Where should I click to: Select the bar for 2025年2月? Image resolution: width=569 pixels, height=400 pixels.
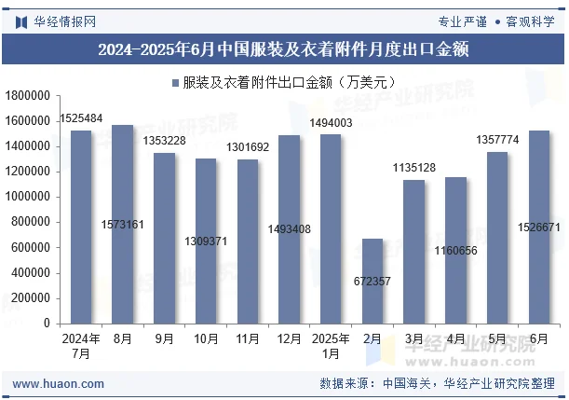[373, 281]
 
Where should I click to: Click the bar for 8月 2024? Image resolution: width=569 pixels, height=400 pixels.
[122, 224]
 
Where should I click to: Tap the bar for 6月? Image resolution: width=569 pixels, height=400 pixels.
[539, 227]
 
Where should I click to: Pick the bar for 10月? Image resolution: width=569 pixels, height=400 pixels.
[206, 241]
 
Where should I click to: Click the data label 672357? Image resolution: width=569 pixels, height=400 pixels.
[373, 281]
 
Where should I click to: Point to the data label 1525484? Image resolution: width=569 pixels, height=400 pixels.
[81, 118]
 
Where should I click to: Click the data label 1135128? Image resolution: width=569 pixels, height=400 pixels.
[413, 168]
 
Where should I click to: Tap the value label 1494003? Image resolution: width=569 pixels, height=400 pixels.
[331, 123]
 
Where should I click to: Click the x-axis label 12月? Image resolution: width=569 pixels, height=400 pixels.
[289, 338]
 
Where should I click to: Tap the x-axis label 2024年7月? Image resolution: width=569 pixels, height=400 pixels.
[81, 346]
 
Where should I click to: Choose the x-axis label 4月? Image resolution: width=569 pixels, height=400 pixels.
[455, 338]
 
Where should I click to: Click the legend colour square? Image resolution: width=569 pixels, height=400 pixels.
[174, 82]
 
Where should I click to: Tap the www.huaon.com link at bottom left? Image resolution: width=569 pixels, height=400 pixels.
[58, 383]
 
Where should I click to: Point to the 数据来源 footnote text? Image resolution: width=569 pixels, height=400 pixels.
[437, 383]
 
